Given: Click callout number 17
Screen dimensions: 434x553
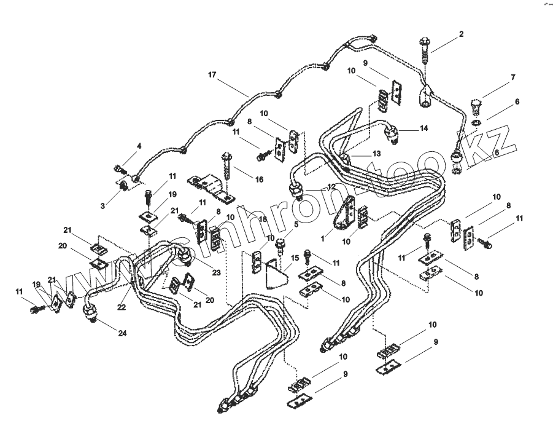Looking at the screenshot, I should [212, 75].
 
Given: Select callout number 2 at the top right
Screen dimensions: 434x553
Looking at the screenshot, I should [461, 34].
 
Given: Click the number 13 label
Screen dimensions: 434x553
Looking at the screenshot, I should [376, 153].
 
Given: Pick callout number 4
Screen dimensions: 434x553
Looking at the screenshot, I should [139, 146].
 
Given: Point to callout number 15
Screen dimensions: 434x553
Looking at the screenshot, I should [295, 258].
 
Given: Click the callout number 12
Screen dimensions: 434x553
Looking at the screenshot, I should [331, 186].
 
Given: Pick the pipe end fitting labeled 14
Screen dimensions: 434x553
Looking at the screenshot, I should [392, 131].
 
